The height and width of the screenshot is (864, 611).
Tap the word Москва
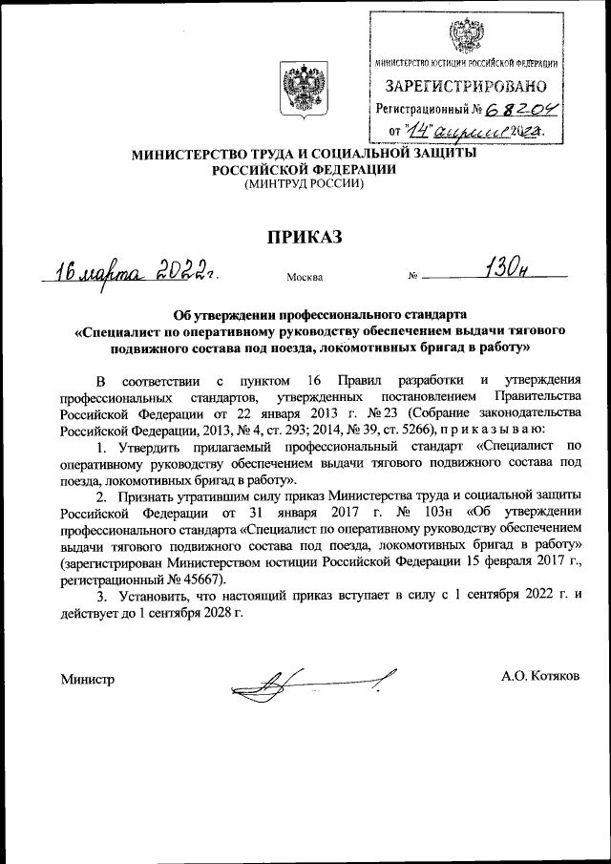(x=304, y=278)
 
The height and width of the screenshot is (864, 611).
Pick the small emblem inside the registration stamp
(x=465, y=36)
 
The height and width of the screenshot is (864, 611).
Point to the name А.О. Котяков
(x=539, y=676)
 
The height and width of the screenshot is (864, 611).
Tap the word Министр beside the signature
(x=87, y=679)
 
